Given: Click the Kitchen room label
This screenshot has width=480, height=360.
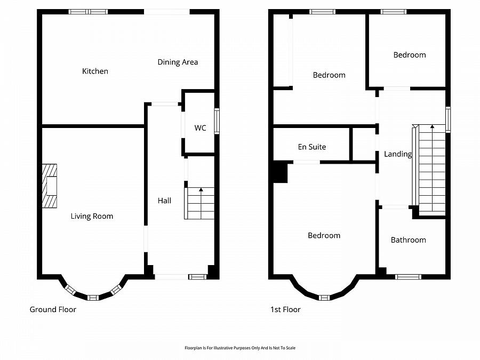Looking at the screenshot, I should click(95, 71).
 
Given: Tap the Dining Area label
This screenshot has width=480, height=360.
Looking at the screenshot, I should click(178, 62).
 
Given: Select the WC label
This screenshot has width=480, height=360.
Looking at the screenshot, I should click(200, 128).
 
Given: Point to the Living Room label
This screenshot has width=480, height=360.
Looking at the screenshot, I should click(92, 216).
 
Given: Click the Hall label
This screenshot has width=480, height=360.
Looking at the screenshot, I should click(164, 201).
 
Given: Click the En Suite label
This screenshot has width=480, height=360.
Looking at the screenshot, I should click(311, 147).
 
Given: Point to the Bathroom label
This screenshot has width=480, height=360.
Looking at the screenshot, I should click(408, 240).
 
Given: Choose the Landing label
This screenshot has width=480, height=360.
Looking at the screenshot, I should click(398, 154).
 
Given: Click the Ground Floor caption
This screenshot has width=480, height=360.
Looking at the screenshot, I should click(53, 309).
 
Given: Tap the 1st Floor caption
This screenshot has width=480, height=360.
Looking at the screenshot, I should click(285, 309).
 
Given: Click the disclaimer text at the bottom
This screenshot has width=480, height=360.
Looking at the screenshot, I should click(240, 348).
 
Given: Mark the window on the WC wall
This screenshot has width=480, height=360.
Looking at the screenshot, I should click(217, 121).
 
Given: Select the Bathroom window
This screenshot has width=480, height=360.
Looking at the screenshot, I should click(408, 276).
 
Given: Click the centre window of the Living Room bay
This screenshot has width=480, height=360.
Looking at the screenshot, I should click(93, 297).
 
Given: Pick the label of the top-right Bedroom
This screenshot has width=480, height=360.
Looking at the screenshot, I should click(410, 55).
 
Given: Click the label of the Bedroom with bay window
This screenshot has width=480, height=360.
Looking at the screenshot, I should click(324, 236).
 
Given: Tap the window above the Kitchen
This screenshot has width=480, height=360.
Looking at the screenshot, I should click(88, 12).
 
